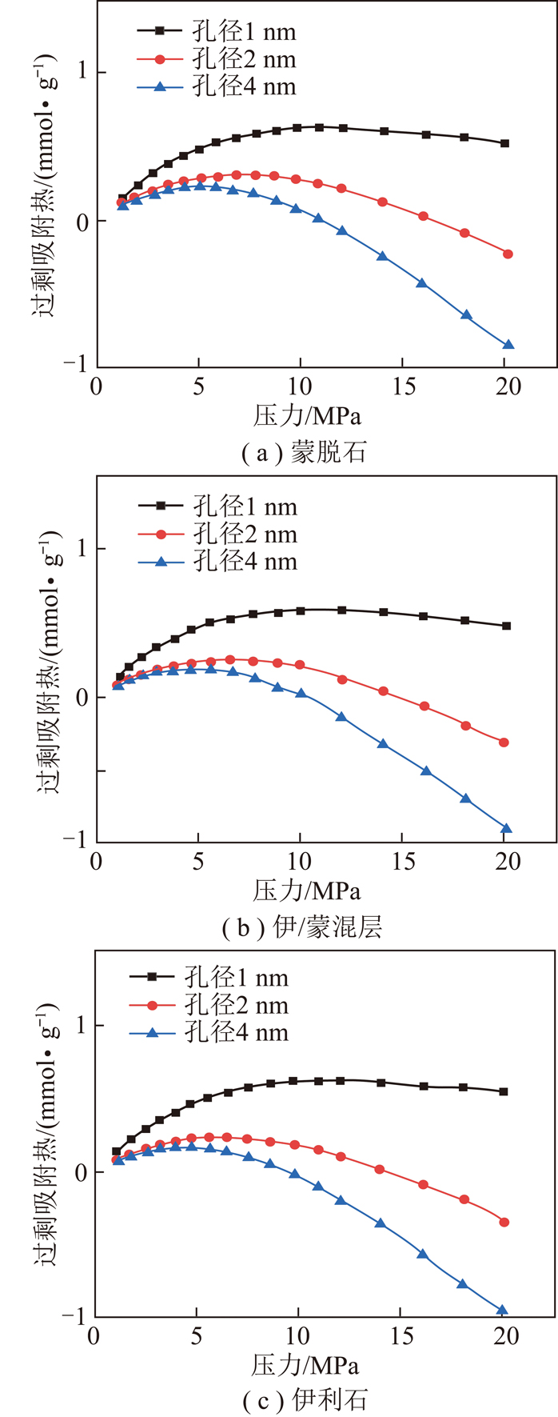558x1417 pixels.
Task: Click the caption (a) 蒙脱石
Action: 305,453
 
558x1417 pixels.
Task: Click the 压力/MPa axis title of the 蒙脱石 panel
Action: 307,415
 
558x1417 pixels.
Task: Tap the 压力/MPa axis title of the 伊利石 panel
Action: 305,1365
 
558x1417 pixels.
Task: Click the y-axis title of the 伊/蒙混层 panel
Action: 48,660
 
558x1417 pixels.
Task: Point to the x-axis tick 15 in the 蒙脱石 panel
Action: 405,386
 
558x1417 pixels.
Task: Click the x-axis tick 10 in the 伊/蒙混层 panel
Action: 300,862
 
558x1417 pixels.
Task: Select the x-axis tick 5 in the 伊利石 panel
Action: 196,1336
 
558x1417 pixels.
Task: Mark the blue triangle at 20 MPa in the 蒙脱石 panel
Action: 508,345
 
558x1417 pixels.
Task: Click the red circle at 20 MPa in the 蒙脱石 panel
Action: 508,254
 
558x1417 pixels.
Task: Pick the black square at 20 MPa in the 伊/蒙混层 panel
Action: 506,626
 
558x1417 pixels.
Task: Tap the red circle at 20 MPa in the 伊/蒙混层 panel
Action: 504,743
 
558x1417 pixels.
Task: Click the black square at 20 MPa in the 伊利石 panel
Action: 504,1091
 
